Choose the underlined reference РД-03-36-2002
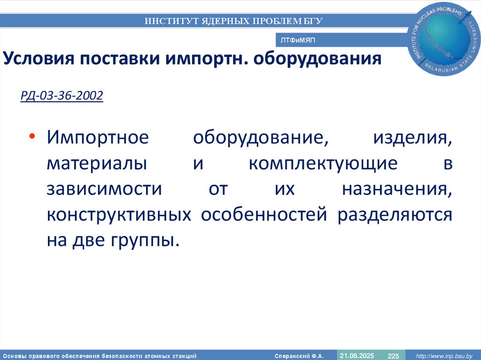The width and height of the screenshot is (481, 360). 62,96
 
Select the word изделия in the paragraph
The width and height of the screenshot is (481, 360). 413,139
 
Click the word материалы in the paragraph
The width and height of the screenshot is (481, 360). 96,165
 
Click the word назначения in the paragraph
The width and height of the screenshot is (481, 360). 397,190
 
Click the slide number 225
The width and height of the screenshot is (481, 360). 393,355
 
